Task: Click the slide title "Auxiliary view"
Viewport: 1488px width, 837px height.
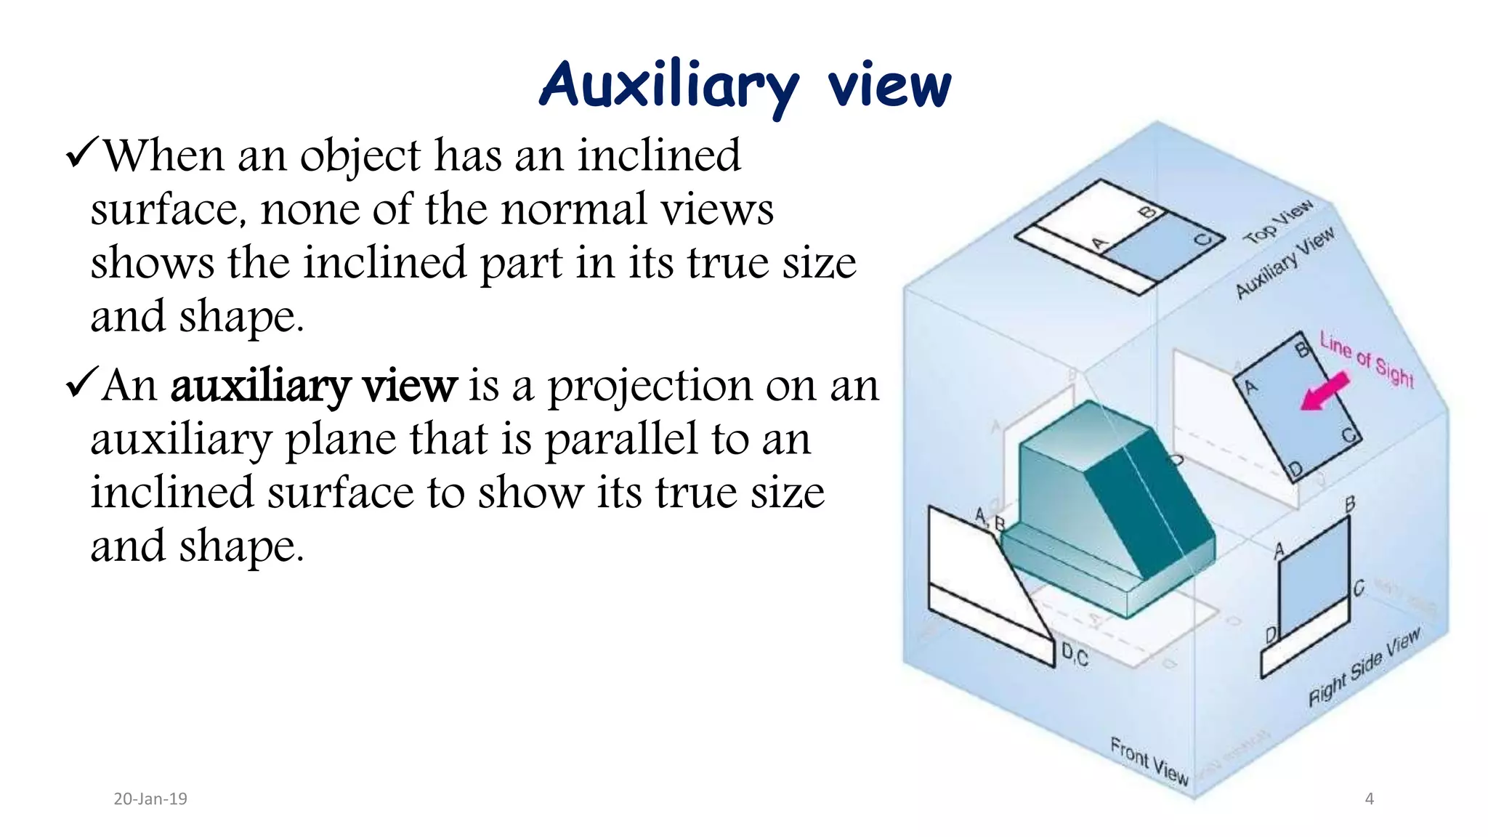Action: tap(745, 86)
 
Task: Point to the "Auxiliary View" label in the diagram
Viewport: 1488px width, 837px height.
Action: tap(1285, 262)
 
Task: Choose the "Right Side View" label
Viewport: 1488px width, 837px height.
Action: tap(1364, 667)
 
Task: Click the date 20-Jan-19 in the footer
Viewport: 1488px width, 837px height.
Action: tap(150, 799)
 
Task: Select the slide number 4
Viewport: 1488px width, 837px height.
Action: tap(1370, 799)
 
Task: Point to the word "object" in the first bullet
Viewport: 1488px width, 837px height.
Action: tap(360, 155)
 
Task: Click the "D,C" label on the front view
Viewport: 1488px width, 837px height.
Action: tap(1075, 655)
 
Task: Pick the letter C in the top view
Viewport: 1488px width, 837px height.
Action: tap(1203, 240)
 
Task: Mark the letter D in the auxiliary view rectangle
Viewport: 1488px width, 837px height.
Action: tap(1295, 470)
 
